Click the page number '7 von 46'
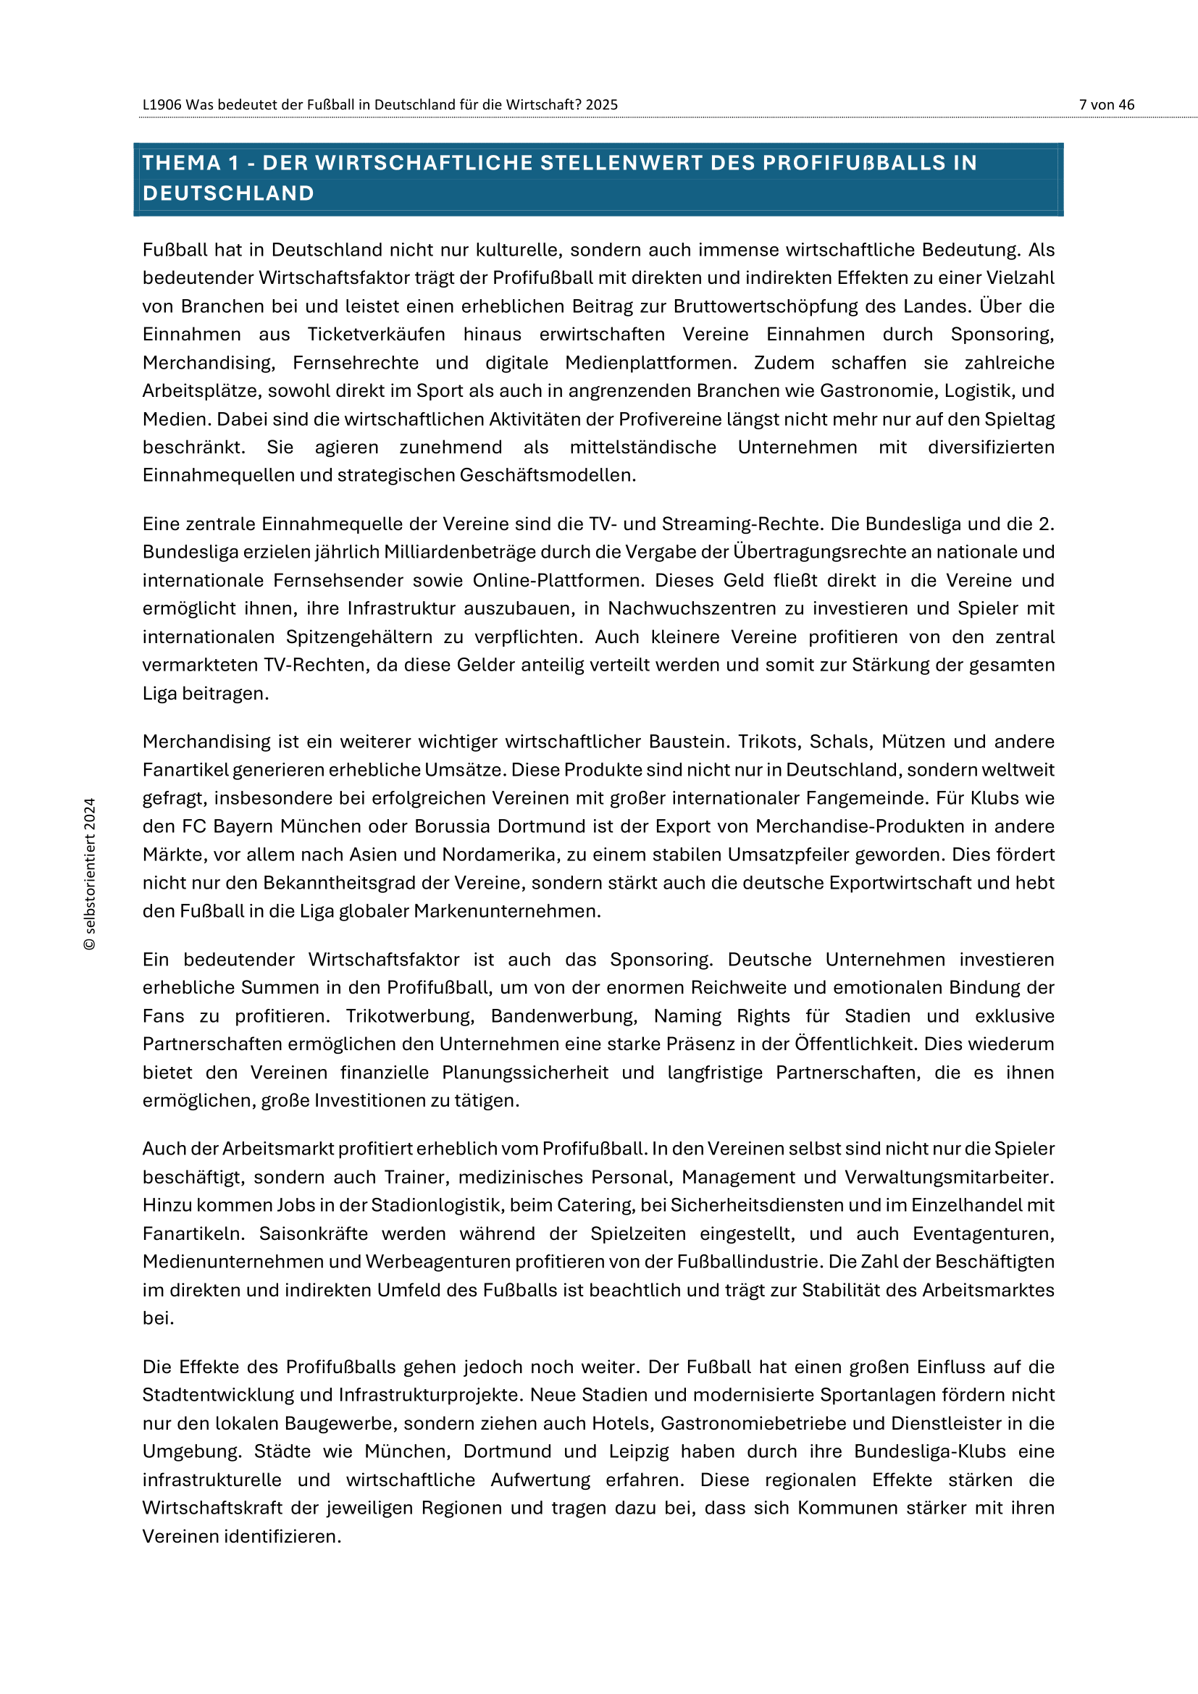pos(1106,105)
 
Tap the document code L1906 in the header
pos(162,105)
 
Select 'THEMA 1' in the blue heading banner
pos(191,163)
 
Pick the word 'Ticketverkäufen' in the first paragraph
pos(376,334)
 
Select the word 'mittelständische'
pos(642,447)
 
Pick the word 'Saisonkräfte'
pos(313,1233)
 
